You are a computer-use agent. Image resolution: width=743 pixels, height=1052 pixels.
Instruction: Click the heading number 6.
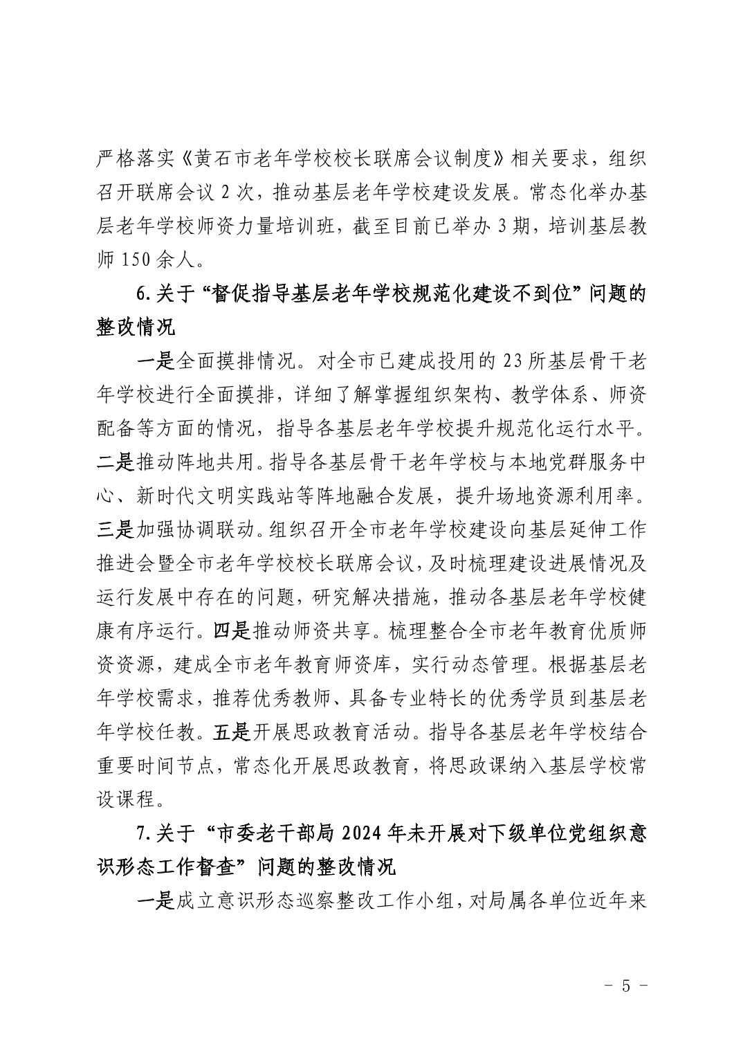pos(143,293)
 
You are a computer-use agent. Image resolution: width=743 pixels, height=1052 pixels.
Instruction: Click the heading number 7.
pos(143,833)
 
